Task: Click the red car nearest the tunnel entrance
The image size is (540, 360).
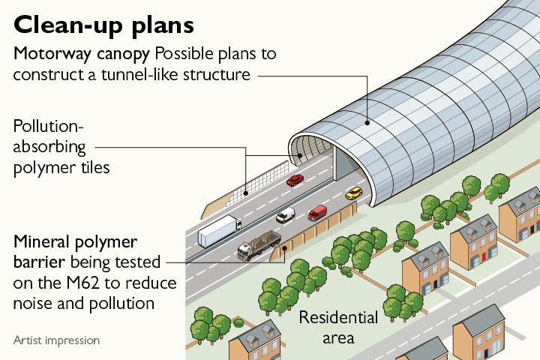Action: (x=295, y=180)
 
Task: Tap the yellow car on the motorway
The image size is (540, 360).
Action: (x=354, y=193)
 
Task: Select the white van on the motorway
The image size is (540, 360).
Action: (x=286, y=215)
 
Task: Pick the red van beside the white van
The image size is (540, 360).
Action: (x=317, y=212)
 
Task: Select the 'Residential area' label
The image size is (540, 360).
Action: (x=338, y=327)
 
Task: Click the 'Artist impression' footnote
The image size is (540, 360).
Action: (x=56, y=340)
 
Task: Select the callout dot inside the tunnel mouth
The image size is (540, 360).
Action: (x=299, y=156)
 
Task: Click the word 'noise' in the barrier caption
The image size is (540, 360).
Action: (x=34, y=304)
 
